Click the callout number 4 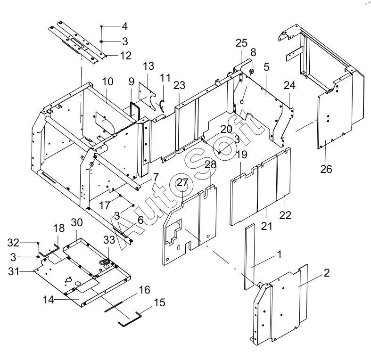coord(125,26)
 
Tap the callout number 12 coord(126,56)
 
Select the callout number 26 coord(326,169)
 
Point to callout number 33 coord(109,240)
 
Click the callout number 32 coord(13,243)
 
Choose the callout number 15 coord(159,303)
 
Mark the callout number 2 coord(327,273)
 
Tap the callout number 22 coord(285,215)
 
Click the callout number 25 coord(241,43)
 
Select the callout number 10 coord(107,82)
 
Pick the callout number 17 coord(104,205)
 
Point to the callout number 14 coord(48,300)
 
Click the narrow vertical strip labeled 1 coord(250,257)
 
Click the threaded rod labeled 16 coord(114,307)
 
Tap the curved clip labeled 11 coord(162,106)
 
